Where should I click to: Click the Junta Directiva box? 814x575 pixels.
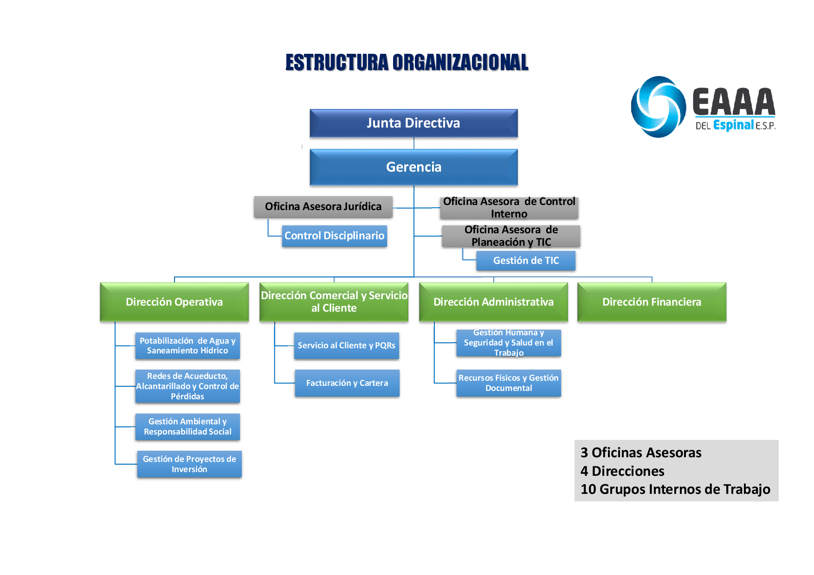click(x=413, y=123)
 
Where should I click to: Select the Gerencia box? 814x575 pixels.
click(x=413, y=167)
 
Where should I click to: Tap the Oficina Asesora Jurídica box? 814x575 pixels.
click(x=323, y=207)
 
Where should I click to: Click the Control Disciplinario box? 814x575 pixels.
click(x=334, y=236)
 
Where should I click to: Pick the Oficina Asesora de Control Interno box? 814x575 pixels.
click(x=509, y=208)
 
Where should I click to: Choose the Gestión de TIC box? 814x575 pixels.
click(x=526, y=261)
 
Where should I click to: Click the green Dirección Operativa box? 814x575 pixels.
click(x=174, y=302)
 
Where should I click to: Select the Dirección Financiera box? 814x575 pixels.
click(x=652, y=302)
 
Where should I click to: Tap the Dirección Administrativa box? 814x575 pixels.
click(x=493, y=302)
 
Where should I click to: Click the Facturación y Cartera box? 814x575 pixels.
click(x=347, y=383)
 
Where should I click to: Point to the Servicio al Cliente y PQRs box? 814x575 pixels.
click(x=347, y=345)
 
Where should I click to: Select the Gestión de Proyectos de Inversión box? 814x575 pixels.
click(x=189, y=464)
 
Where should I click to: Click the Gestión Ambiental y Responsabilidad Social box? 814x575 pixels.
click(x=187, y=427)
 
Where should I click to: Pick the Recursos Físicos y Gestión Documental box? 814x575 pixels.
click(x=509, y=383)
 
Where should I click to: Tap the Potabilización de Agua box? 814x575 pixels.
click(x=187, y=346)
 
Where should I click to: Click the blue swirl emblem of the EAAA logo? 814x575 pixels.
click(x=658, y=107)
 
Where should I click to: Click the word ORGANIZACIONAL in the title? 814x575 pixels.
click(x=460, y=63)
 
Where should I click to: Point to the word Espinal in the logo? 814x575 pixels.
click(x=733, y=125)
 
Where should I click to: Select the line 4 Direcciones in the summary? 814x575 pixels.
click(x=622, y=471)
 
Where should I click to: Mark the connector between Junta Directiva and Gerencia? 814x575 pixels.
click(x=414, y=143)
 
